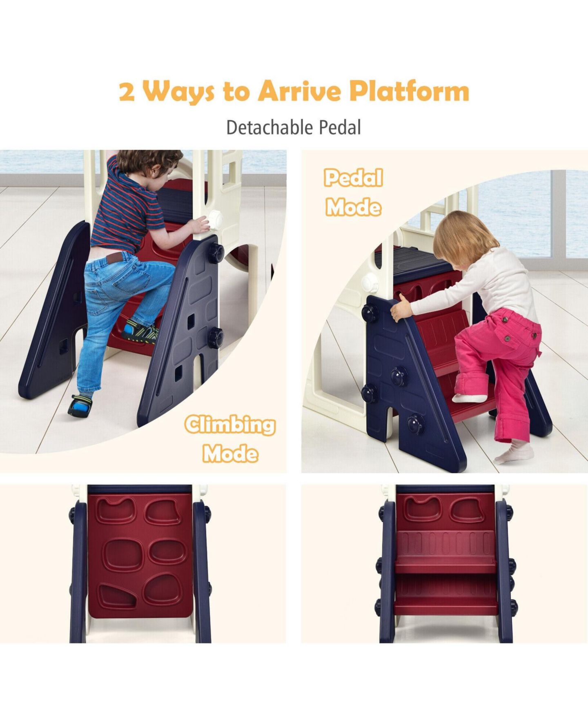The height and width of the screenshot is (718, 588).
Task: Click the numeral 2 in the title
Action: (x=127, y=91)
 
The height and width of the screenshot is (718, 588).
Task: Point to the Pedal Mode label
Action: (x=354, y=192)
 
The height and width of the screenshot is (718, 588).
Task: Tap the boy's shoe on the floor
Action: (x=80, y=405)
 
